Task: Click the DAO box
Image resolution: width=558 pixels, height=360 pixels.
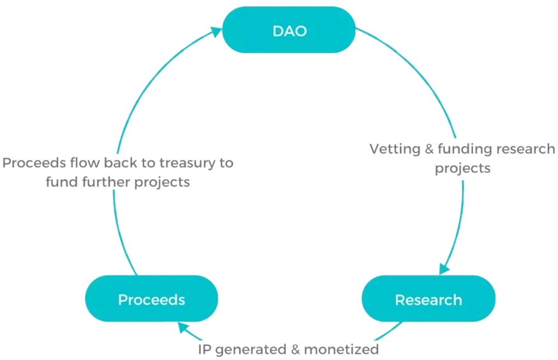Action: [288, 30]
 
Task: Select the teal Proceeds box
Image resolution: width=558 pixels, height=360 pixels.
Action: [151, 299]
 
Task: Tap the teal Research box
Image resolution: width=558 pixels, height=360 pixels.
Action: [428, 299]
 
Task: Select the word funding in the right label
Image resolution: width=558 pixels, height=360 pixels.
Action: [462, 149]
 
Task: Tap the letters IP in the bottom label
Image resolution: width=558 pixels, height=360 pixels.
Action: [204, 350]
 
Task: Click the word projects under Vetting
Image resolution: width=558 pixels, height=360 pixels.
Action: [462, 168]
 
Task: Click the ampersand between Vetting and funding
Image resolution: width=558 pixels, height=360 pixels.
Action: [429, 149]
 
